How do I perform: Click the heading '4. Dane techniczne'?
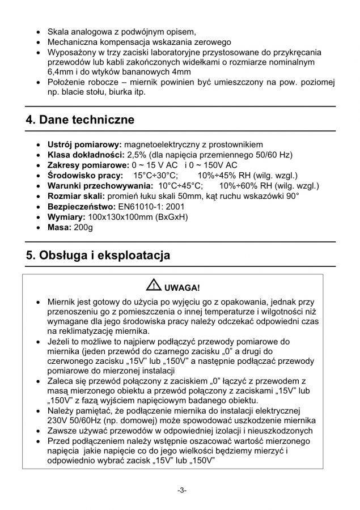coord(80,120)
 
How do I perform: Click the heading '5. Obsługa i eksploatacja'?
coord(98,256)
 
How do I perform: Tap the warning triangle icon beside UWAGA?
coord(152,286)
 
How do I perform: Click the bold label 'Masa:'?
coord(60,227)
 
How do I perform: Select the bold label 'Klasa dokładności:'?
coord(85,155)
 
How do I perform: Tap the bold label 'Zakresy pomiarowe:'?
coord(86,165)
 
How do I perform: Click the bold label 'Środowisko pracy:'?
coord(82,176)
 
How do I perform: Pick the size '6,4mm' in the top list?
coord(61,72)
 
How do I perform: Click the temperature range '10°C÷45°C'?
coord(180,186)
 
